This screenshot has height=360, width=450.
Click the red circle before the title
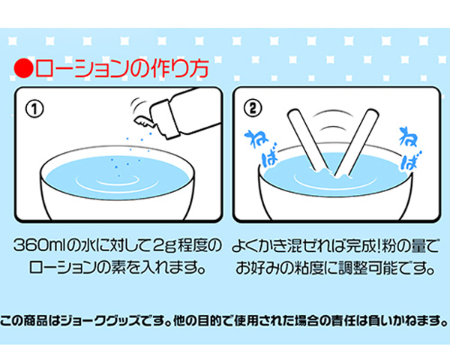pyautogui.click(x=23, y=68)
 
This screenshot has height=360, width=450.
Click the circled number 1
pyautogui.click(x=34, y=109)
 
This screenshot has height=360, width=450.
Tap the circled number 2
pyautogui.click(x=253, y=109)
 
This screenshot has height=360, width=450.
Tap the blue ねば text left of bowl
pyautogui.click(x=262, y=148)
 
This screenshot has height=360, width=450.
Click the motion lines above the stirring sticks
pyautogui.click(x=333, y=120)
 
